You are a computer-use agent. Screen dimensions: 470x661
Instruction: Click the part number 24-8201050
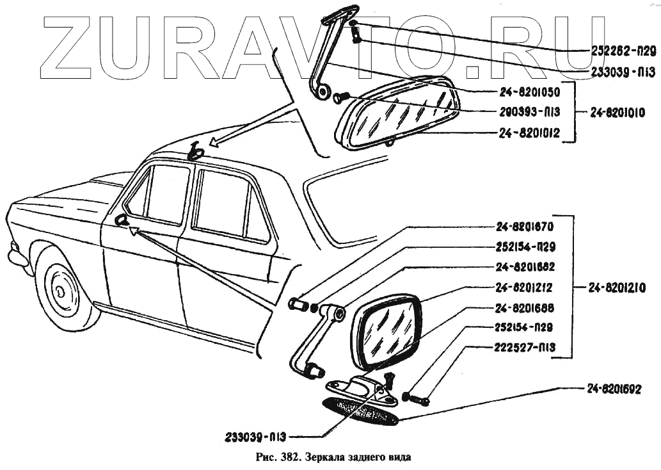coord(529,91)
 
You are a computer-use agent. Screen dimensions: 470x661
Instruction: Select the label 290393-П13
coord(529,112)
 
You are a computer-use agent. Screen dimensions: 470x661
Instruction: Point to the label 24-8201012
coord(529,133)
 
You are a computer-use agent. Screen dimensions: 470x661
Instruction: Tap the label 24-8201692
coord(614,389)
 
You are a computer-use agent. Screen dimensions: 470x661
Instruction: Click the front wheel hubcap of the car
coord(61,291)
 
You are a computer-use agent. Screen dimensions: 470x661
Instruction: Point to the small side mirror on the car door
coord(120,221)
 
